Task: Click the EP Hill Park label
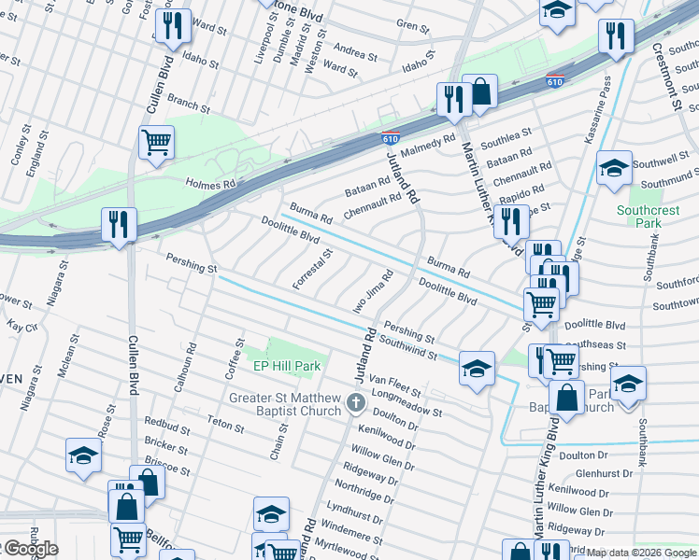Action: pyautogui.click(x=287, y=366)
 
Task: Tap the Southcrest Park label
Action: pyautogui.click(x=648, y=217)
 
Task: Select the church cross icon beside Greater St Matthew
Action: pyautogui.click(x=355, y=403)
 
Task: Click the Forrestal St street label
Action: pyautogui.click(x=312, y=269)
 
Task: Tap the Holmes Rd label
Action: pyautogui.click(x=210, y=185)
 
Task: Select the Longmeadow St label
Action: pyautogui.click(x=406, y=399)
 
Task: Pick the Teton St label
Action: pyautogui.click(x=225, y=427)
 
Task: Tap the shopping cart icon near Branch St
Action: pyautogui.click(x=155, y=143)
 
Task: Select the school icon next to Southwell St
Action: pyautogui.click(x=613, y=168)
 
